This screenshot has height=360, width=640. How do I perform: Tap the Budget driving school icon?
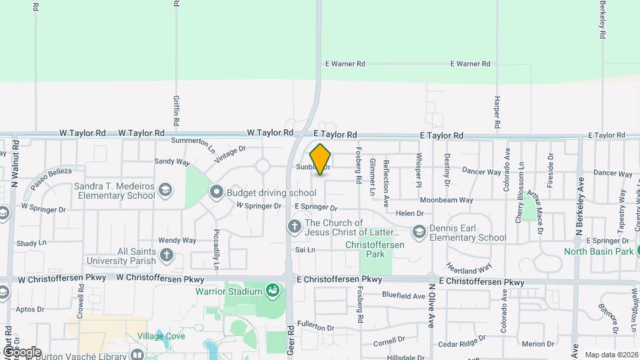pos(216,193)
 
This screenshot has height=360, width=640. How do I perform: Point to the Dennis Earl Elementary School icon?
pos(419,232)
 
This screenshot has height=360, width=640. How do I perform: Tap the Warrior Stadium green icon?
pos(272,290)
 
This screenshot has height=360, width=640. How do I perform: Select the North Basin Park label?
pos(597,251)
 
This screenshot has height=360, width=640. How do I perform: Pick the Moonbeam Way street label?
pos(446,200)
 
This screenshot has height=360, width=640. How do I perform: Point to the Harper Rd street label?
pos(497,111)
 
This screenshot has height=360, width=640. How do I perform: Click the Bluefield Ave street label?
pos(403,296)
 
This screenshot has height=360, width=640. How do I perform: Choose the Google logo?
pos(21,351)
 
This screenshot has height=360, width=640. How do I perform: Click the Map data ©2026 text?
pos(611,355)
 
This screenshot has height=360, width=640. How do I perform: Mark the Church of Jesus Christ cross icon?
pos(294,227)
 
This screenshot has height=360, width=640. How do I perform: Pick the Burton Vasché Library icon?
pos(137,354)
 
